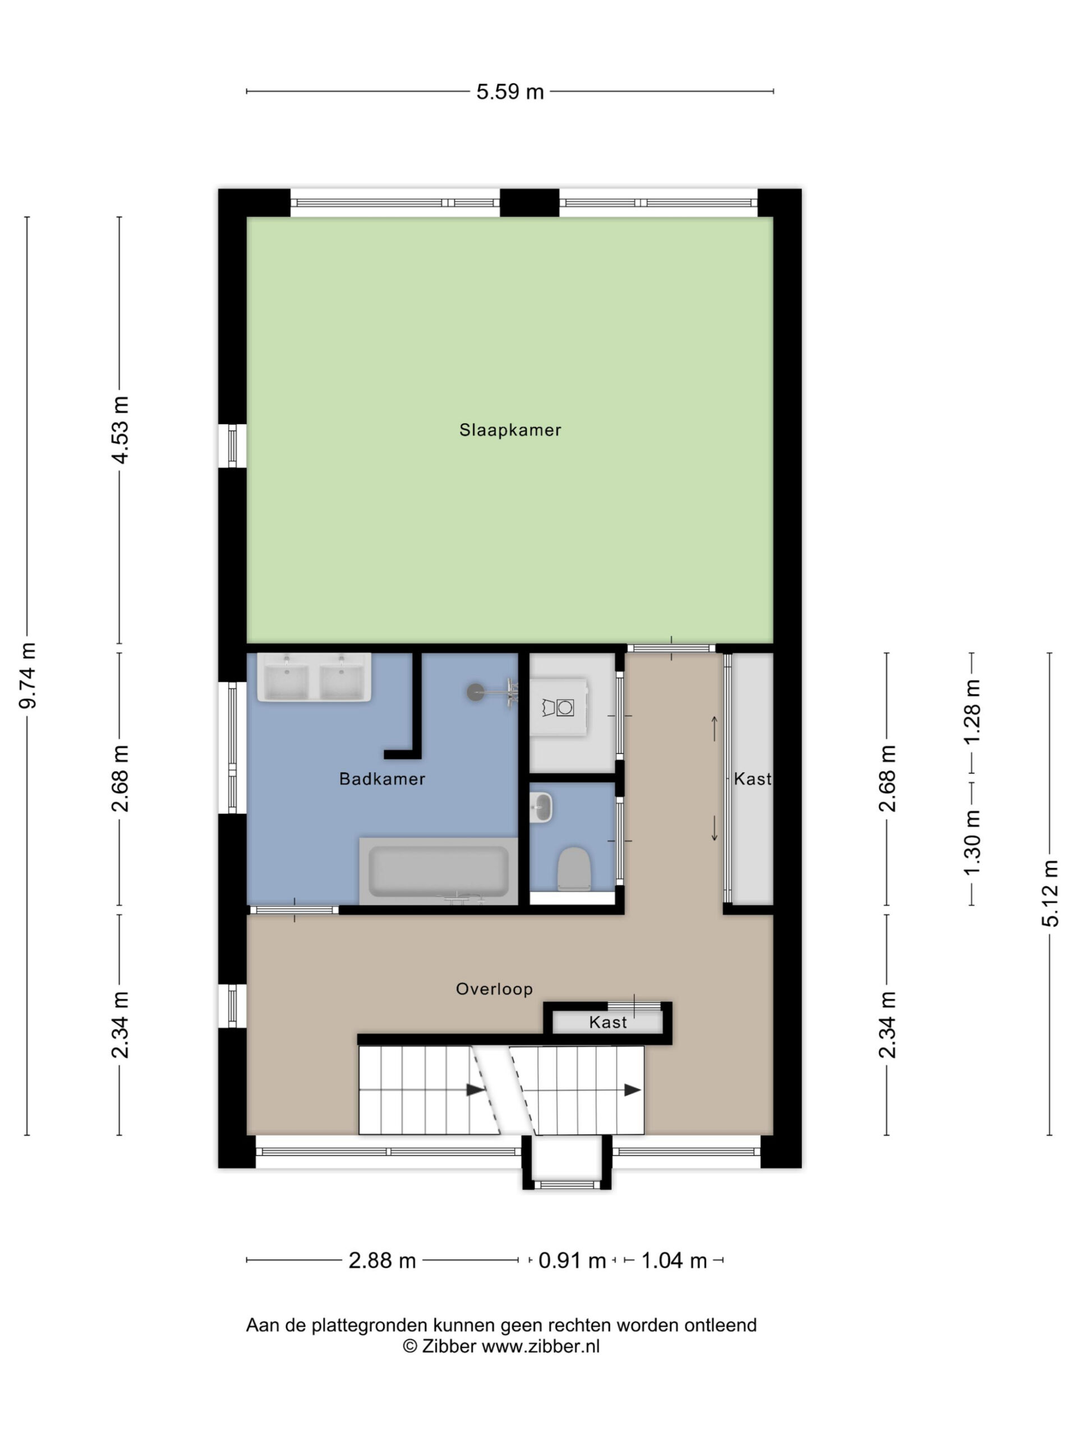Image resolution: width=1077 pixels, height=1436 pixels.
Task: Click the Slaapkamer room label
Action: click(509, 430)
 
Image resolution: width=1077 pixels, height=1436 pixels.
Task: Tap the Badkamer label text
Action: click(382, 779)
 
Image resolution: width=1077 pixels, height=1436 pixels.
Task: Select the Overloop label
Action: click(494, 989)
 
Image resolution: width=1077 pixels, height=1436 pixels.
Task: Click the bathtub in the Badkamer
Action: click(439, 871)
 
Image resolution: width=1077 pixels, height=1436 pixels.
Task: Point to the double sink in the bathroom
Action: click(314, 677)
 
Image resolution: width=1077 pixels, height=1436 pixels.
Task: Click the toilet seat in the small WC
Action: click(574, 868)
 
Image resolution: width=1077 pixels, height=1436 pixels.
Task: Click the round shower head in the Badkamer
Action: click(475, 692)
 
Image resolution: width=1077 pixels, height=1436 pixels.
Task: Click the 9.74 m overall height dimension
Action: click(27, 675)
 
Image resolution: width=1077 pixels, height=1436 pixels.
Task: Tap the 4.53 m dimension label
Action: click(120, 430)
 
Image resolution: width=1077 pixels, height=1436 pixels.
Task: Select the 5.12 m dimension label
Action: click(1051, 892)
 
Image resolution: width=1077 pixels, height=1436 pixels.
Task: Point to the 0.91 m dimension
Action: click(572, 1261)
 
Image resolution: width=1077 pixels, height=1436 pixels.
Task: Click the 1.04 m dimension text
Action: click(674, 1261)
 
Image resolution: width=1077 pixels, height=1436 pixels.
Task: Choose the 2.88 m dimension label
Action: click(382, 1261)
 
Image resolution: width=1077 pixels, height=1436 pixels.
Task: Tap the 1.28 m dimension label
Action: click(972, 712)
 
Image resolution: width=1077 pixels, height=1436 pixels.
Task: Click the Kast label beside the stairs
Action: click(607, 1023)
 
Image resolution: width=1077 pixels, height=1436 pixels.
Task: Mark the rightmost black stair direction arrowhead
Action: click(632, 1090)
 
